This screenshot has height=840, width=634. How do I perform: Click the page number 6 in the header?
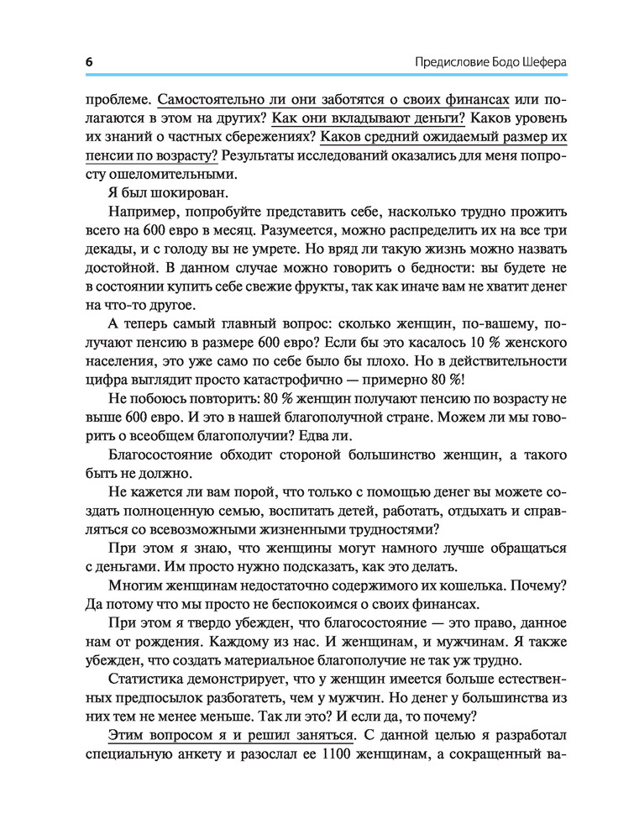pos(89,63)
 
